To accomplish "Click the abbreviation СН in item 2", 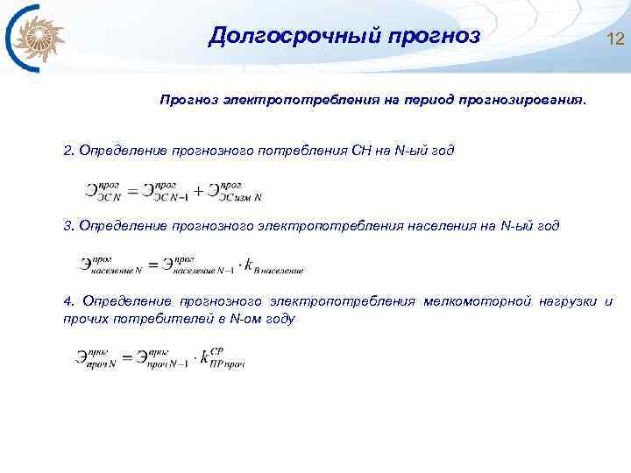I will [x=361, y=150].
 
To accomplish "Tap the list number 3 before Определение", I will [x=68, y=226].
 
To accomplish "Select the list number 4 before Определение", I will [x=68, y=302].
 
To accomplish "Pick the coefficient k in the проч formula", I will [x=203, y=357].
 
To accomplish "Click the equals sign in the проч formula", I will [x=129, y=358].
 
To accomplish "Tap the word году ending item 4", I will [x=280, y=320].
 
